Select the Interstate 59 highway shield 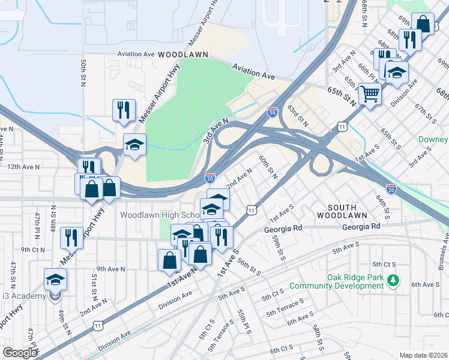coord(273,112)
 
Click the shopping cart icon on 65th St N coord(370,93)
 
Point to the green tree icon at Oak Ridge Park coord(393,280)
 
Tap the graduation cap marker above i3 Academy coord(55,279)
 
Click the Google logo coord(20,353)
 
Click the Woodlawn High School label coord(160,215)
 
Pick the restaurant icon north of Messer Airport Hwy coord(124,110)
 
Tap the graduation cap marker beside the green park coord(134,144)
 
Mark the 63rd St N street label coord(297,116)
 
